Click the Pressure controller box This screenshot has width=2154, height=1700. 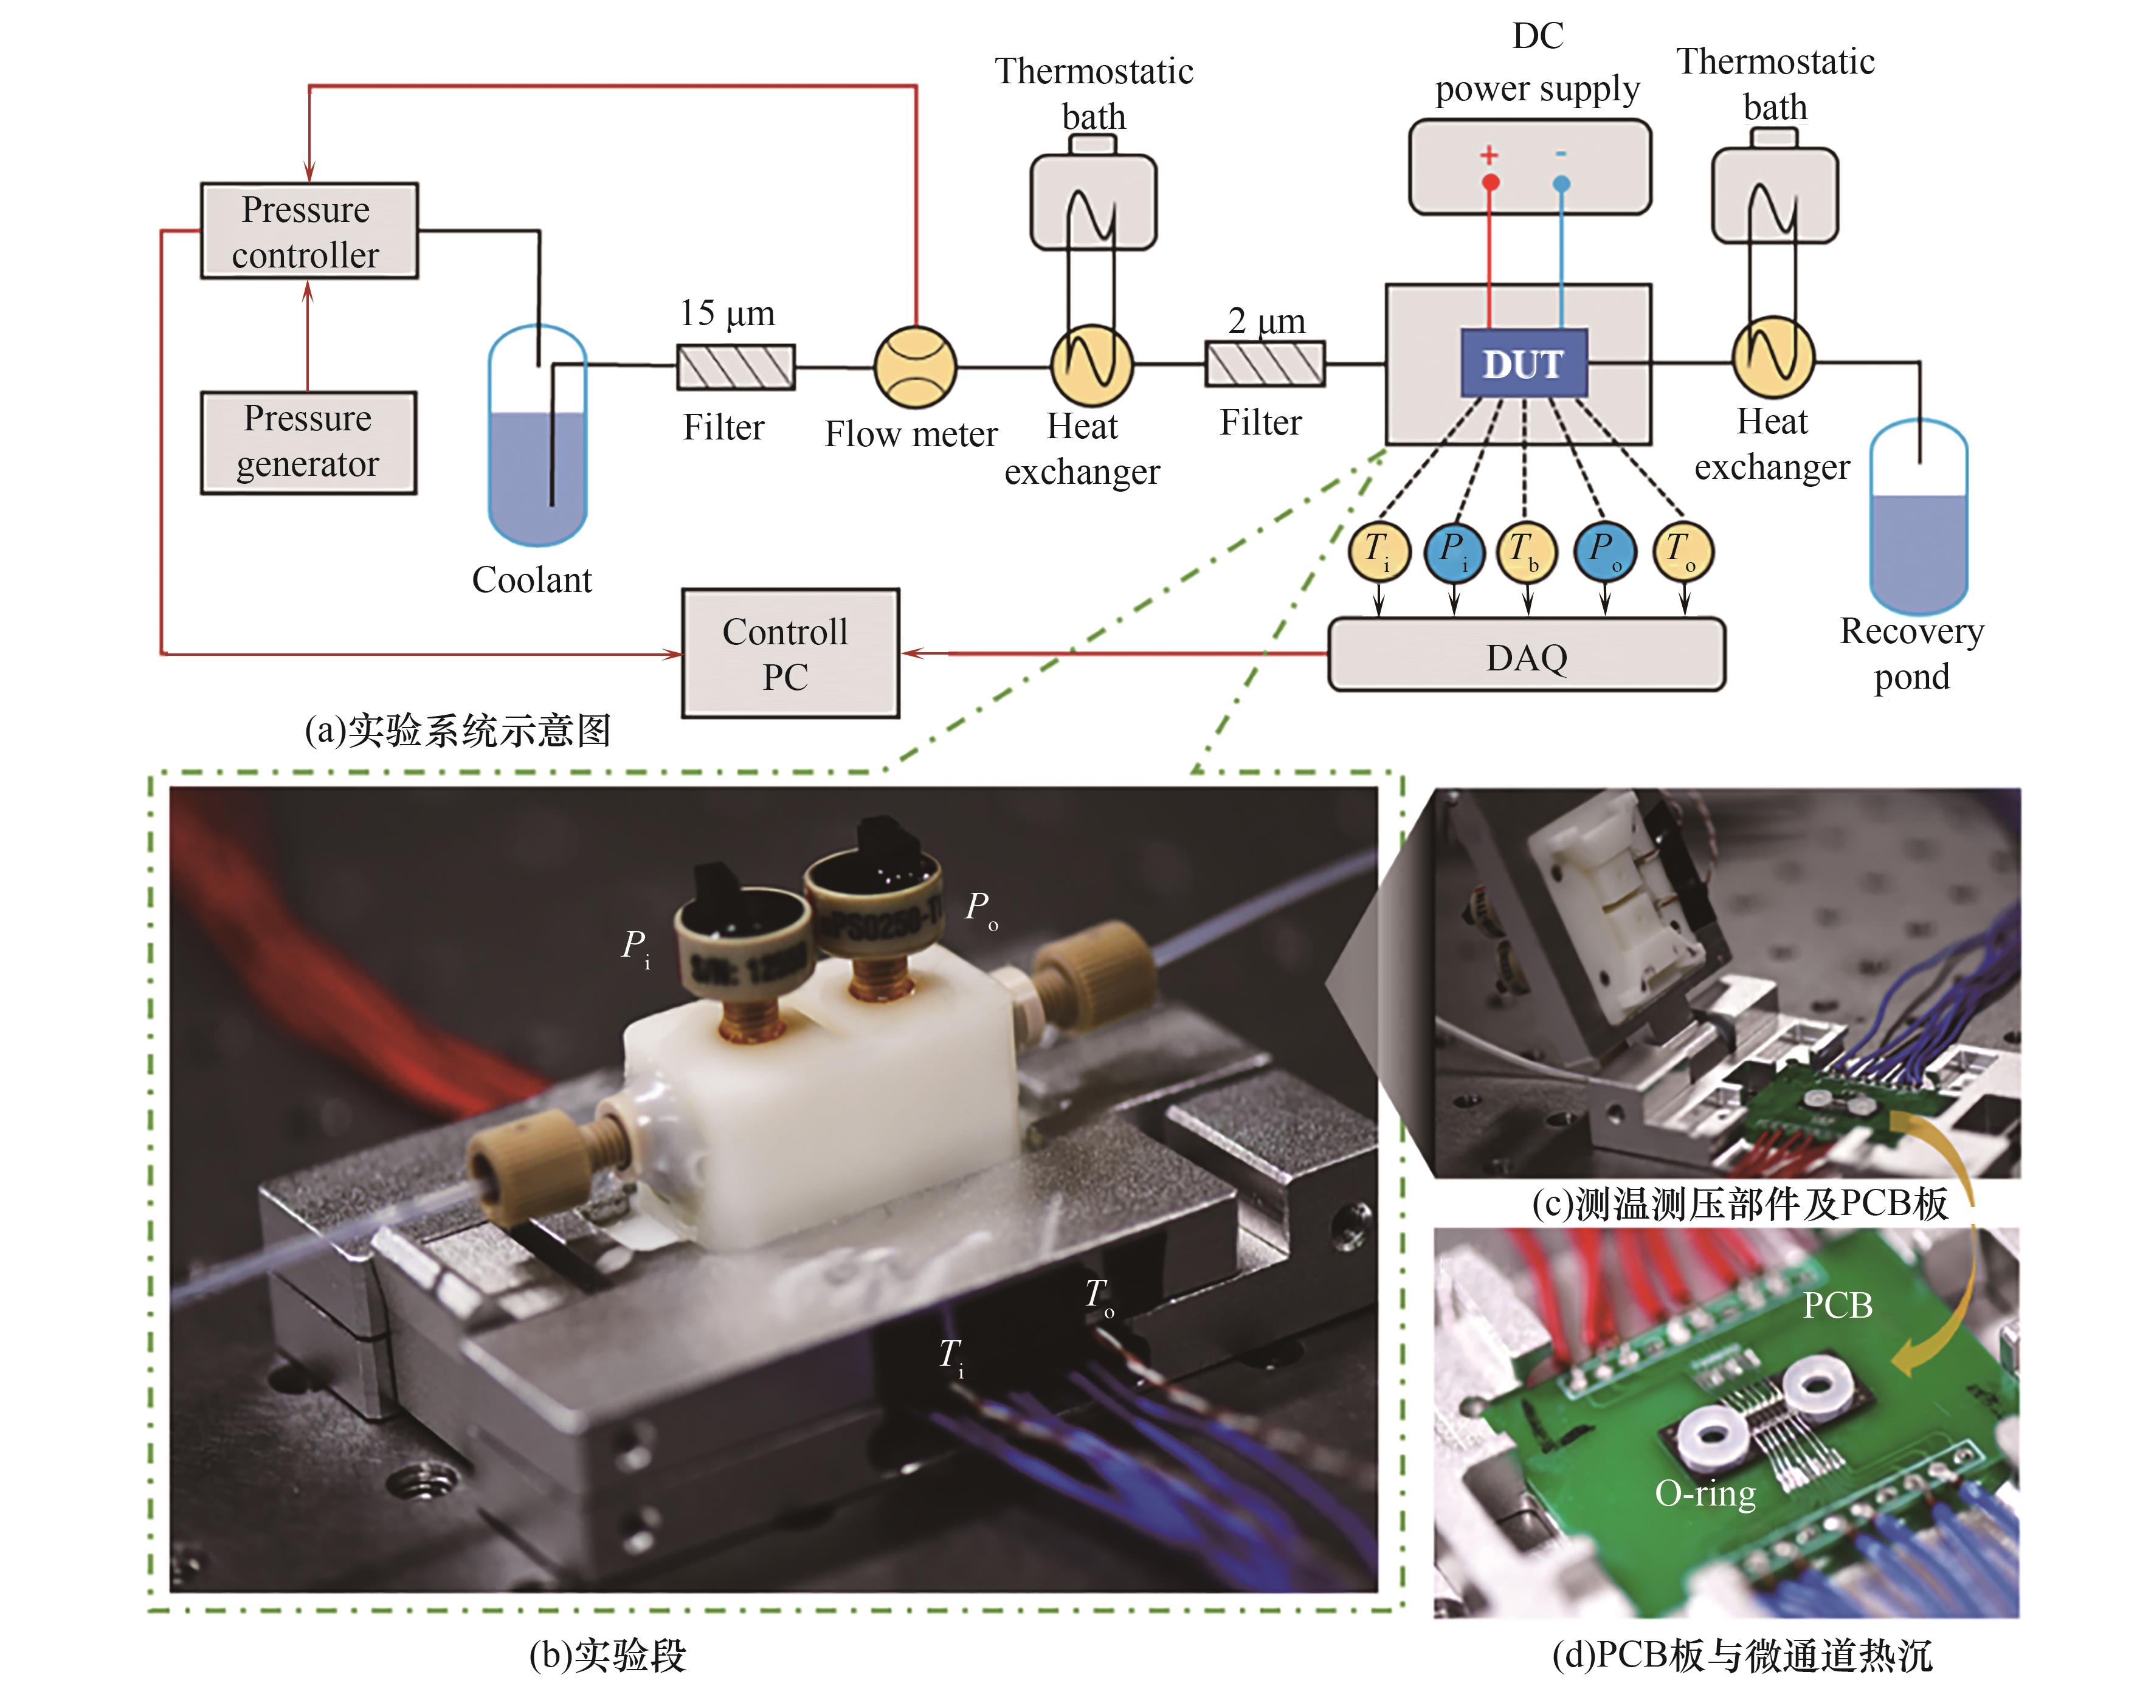[x=309, y=231]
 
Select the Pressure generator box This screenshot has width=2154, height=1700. [x=309, y=442]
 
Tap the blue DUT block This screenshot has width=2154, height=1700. [x=1523, y=363]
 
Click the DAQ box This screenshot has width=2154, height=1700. [x=1526, y=655]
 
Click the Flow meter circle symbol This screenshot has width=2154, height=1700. [x=915, y=366]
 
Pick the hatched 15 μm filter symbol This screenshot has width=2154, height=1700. [x=736, y=366]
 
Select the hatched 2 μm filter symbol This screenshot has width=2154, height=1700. [x=1264, y=363]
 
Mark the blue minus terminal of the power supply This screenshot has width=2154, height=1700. [x=1561, y=183]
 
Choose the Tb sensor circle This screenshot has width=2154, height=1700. [x=1526, y=551]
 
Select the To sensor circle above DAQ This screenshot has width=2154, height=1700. [x=1682, y=551]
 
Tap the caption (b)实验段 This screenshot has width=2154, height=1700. [x=607, y=1654]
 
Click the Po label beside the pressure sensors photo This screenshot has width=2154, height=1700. [x=981, y=907]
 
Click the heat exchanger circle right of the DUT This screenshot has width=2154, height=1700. [x=1773, y=357]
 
